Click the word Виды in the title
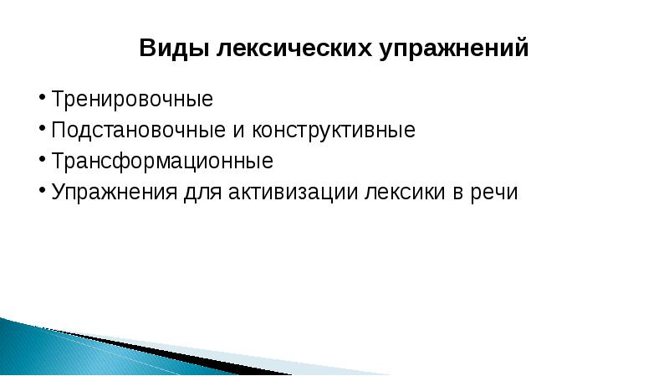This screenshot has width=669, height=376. (x=174, y=48)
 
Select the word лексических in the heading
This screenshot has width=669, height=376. (x=294, y=48)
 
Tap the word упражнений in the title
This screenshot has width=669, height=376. (x=453, y=48)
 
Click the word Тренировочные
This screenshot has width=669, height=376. (x=132, y=99)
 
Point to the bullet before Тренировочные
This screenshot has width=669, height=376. (x=42, y=96)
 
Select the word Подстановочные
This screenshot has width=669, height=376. (x=138, y=131)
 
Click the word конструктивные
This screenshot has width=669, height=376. (x=334, y=131)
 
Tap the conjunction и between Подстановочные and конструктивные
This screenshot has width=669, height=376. (x=239, y=131)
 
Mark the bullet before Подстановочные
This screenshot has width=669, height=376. (x=42, y=127)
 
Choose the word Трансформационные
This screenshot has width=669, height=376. (x=162, y=162)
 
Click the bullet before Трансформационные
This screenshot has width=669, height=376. (x=42, y=158)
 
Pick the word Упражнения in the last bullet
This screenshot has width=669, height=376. (x=115, y=193)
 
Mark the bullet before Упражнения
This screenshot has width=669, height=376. (x=42, y=189)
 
